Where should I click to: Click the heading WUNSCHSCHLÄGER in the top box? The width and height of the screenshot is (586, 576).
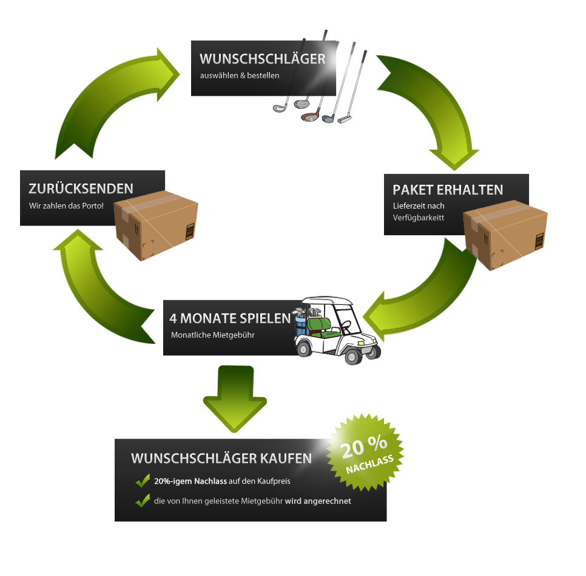(x=262, y=59)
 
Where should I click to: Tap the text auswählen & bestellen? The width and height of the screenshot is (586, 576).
(x=240, y=76)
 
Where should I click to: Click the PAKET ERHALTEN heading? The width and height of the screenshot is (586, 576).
(x=448, y=190)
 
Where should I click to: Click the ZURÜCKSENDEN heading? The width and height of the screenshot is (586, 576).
(x=81, y=188)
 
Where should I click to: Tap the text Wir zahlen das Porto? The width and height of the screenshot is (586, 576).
(x=66, y=206)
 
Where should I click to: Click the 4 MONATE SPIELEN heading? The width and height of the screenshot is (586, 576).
(x=230, y=318)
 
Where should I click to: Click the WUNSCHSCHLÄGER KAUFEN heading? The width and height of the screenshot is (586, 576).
(x=221, y=458)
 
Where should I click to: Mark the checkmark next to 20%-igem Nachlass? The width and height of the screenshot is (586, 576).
(x=143, y=481)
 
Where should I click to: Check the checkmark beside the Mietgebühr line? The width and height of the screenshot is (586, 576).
(x=143, y=501)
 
